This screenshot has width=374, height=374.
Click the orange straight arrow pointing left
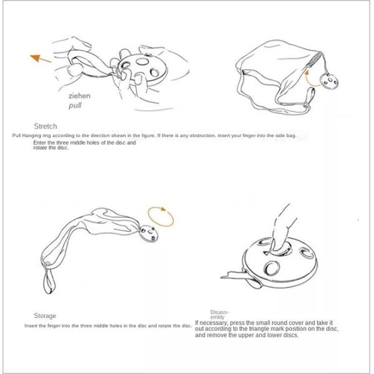(40, 59)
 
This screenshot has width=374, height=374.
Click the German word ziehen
(79, 96)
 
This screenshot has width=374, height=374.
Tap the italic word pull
(75, 105)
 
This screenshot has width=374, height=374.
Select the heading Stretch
(46, 126)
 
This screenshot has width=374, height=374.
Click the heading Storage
(45, 315)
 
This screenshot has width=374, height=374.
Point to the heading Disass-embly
(219, 315)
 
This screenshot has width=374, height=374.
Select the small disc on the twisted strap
(148, 234)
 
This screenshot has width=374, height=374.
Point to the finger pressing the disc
(282, 229)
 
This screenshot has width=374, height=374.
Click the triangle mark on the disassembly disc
(266, 252)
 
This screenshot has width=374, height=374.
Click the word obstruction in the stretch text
(202, 135)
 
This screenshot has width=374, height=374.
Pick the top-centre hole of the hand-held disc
(142, 62)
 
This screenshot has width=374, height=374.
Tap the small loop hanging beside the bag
(310, 95)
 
